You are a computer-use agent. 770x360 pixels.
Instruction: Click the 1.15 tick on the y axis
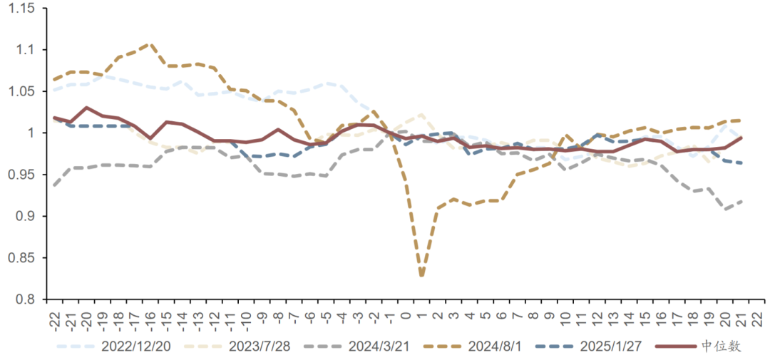tap(24, 9)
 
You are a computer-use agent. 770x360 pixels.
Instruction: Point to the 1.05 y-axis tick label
tap(24, 91)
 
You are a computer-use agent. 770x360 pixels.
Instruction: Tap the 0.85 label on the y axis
tap(24, 258)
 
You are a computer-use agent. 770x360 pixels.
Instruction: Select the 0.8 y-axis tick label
tap(27, 299)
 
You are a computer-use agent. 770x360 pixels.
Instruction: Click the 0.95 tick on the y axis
tap(24, 175)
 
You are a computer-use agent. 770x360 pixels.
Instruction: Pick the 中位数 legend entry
tap(720, 346)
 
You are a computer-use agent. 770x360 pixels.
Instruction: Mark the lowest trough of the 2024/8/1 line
tap(421, 275)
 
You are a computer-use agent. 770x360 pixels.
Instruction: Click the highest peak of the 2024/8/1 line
tap(150, 43)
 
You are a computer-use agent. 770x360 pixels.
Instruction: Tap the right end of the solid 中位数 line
tap(741, 138)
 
